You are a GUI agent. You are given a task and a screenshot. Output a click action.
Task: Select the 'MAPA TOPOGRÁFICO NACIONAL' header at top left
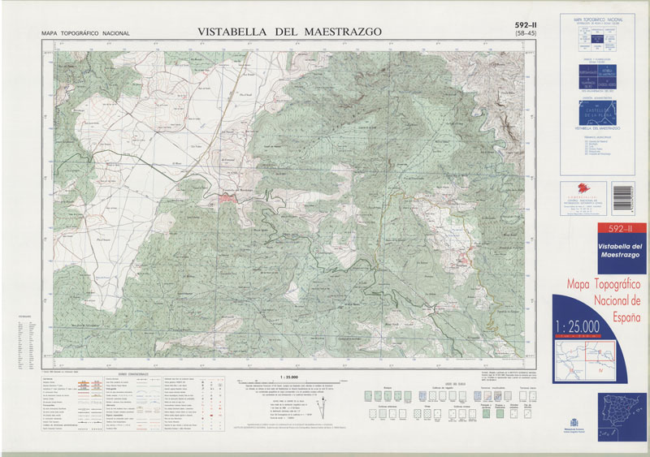pyautogui.click(x=85, y=33)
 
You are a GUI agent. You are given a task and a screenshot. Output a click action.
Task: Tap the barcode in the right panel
pyautogui.click(x=626, y=194)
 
